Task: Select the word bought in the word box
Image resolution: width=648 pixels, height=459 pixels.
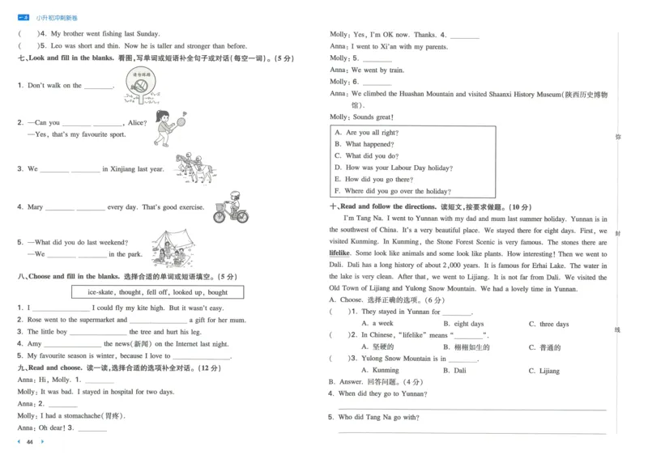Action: pos(218,292)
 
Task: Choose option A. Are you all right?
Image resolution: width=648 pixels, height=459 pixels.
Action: pos(366,132)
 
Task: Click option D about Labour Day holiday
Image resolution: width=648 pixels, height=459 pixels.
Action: pos(393,168)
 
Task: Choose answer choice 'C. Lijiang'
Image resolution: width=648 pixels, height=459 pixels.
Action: pos(544,371)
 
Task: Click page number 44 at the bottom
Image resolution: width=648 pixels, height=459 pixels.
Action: pos(30,442)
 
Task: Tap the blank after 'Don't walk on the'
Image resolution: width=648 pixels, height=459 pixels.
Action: pos(99,86)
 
